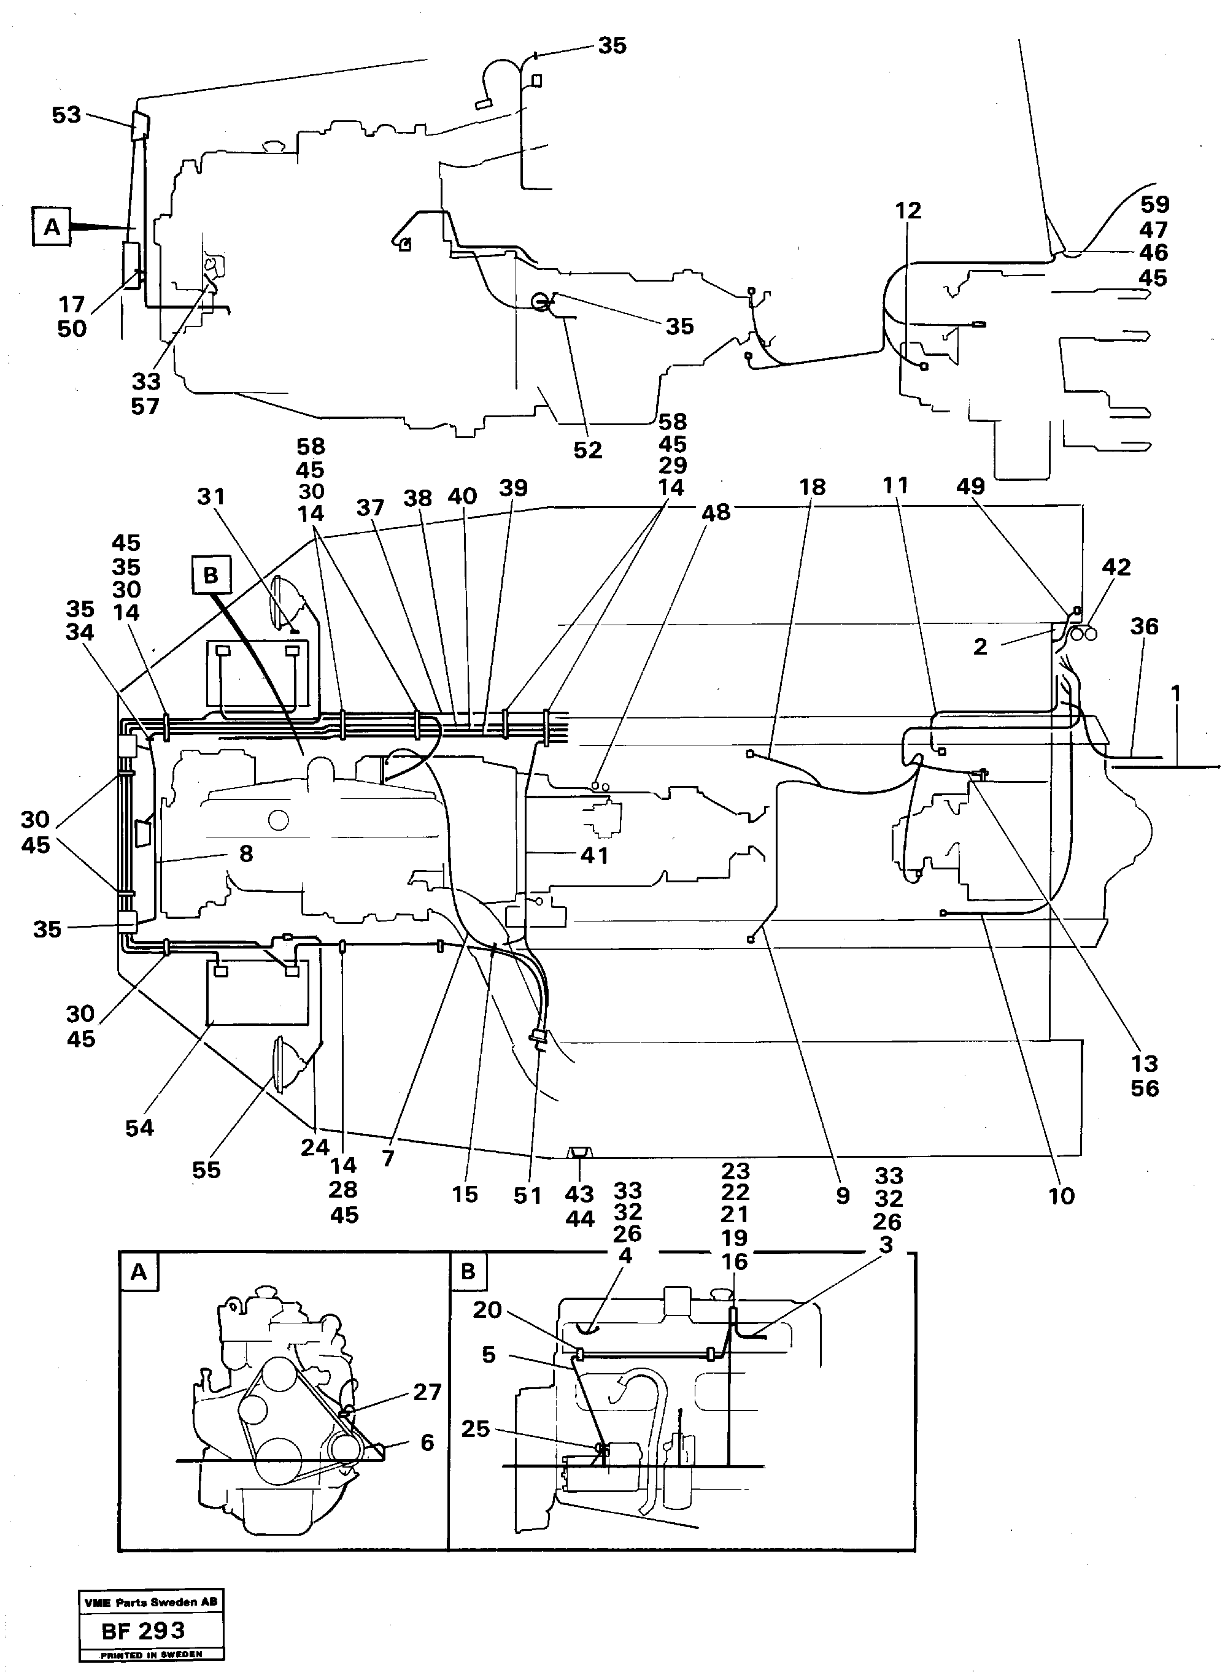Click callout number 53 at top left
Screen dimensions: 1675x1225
pyautogui.click(x=66, y=115)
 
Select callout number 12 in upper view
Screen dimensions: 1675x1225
pyautogui.click(x=908, y=210)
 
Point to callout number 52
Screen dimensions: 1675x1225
pyautogui.click(x=587, y=450)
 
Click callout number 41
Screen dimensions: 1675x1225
pyautogui.click(x=594, y=855)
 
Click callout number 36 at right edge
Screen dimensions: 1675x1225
pyautogui.click(x=1143, y=626)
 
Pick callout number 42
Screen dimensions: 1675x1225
pyautogui.click(x=1116, y=567)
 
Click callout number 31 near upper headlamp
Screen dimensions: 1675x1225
pyautogui.click(x=211, y=496)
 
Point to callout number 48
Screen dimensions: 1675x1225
pyautogui.click(x=716, y=512)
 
